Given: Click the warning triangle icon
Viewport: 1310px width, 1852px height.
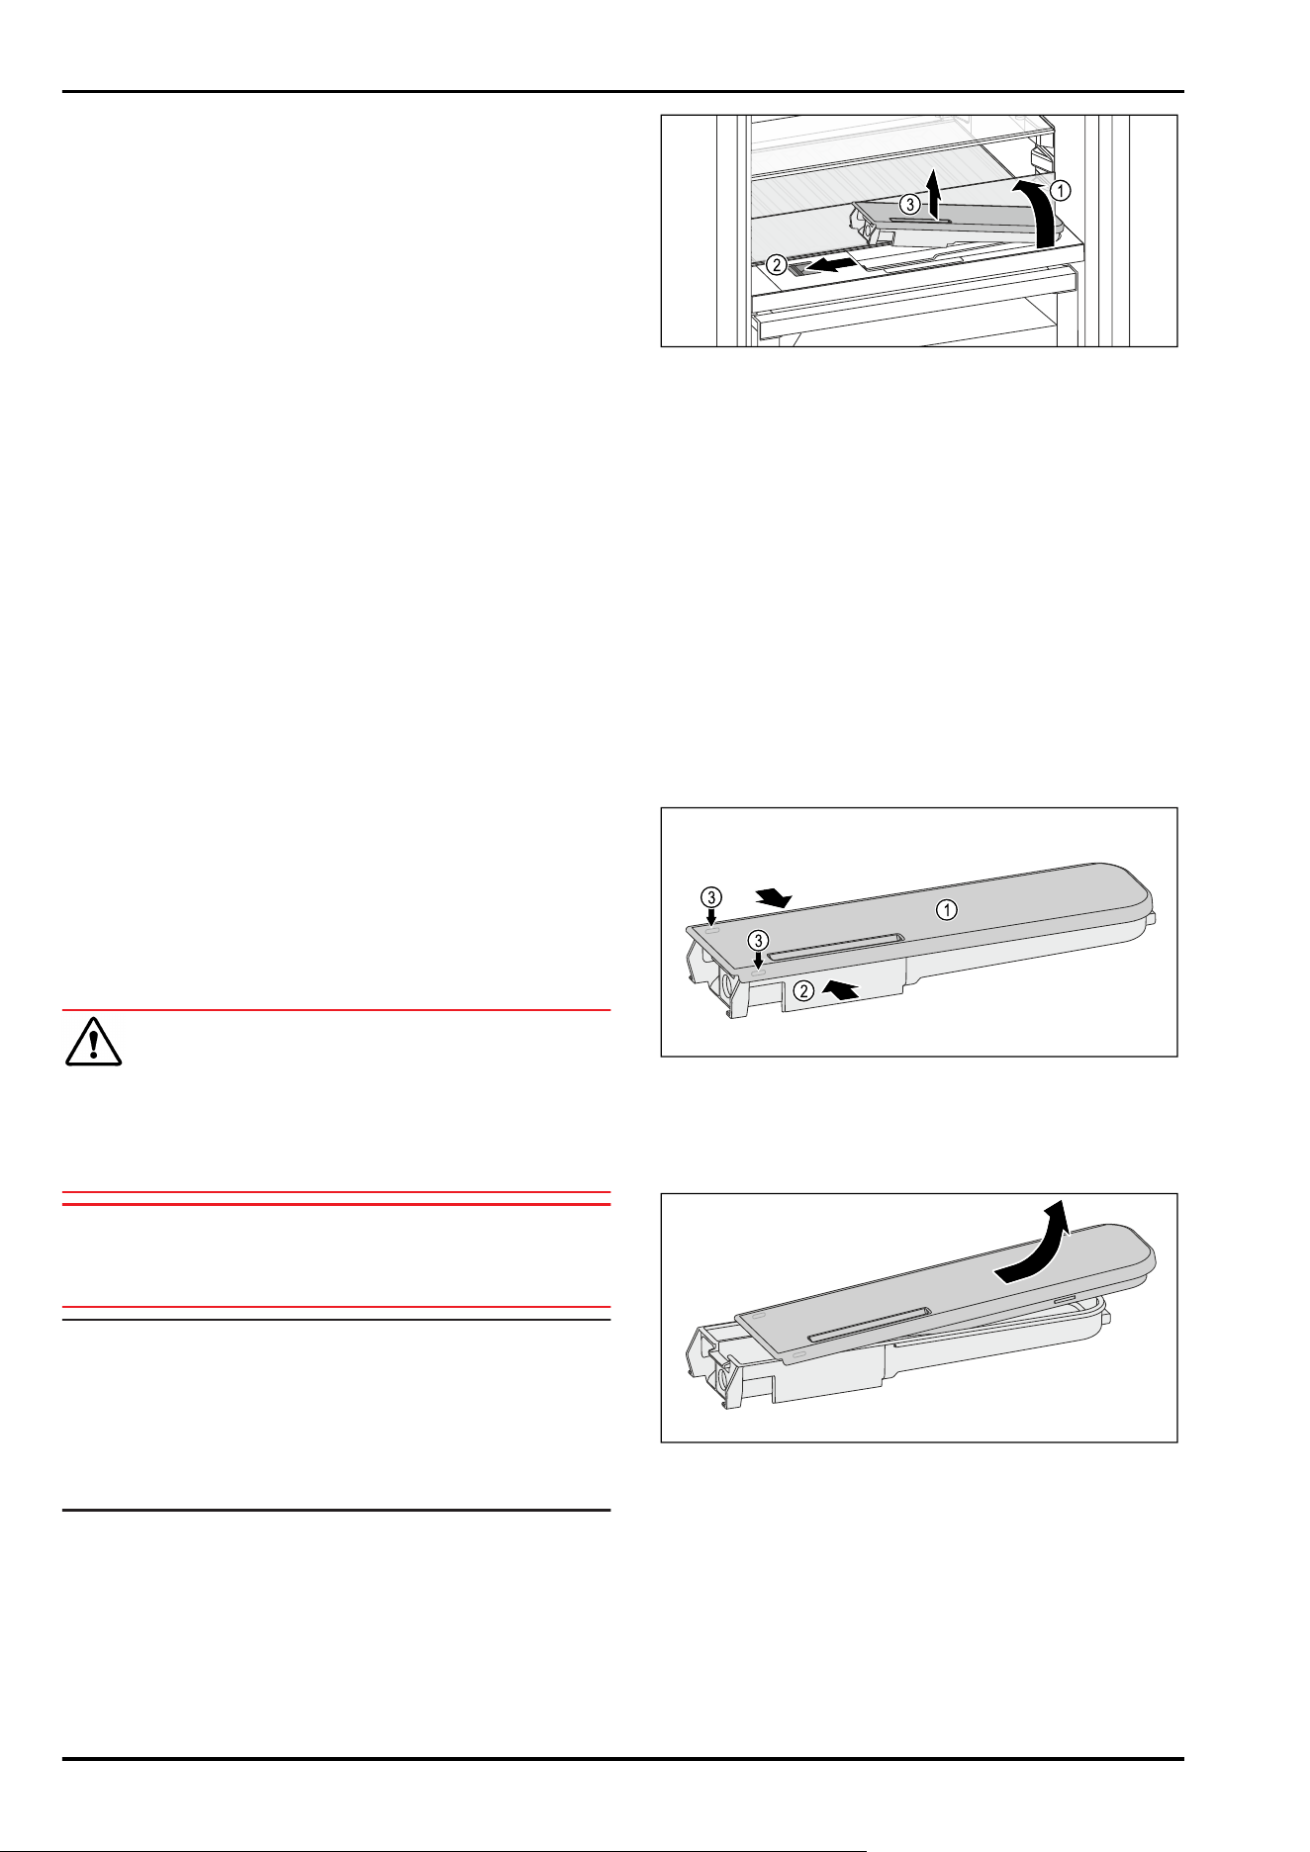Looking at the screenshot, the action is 93,1043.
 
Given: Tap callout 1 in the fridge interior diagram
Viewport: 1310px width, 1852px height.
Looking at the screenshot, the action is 1060,190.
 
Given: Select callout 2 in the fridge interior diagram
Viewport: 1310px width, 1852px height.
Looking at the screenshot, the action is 778,265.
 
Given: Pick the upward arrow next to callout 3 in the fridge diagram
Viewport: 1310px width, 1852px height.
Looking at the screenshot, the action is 932,191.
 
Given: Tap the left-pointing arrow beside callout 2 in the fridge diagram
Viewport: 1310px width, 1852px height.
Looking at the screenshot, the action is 826,264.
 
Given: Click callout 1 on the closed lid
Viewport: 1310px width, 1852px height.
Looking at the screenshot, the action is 947,910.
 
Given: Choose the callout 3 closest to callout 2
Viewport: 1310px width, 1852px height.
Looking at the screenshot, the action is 758,939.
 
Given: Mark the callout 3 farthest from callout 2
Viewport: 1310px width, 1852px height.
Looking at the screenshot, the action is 711,897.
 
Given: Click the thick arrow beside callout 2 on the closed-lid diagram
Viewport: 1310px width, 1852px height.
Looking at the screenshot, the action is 841,987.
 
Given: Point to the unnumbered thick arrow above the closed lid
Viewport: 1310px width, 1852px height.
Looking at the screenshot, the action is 773,896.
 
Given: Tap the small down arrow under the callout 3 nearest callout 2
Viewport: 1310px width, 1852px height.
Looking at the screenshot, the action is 758,960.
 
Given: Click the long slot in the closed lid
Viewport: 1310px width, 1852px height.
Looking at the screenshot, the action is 834,945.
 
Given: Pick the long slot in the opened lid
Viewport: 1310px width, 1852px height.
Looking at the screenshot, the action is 869,1323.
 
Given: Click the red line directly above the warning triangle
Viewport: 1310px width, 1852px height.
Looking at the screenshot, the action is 336,1010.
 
